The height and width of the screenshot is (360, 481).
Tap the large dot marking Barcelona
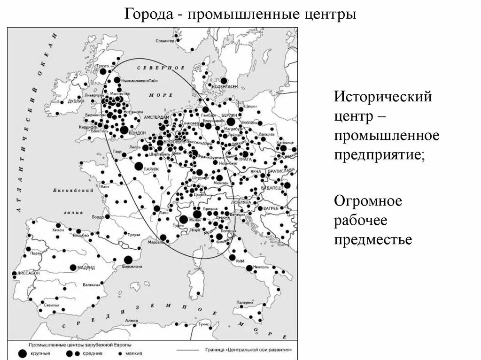(x=128, y=260)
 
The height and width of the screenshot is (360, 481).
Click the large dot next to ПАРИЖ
(x=139, y=166)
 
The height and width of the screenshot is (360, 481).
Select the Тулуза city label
(x=133, y=234)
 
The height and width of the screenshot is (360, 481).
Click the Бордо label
(x=98, y=217)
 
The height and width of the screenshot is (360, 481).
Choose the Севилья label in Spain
(x=51, y=305)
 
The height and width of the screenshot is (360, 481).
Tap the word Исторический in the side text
(x=382, y=98)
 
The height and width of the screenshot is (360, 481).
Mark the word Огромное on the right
(x=368, y=201)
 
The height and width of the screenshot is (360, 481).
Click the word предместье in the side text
(x=373, y=240)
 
